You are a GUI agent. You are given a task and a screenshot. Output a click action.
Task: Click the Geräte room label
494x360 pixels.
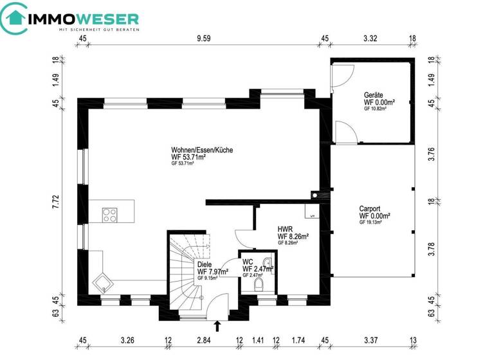pyautogui.click(x=374, y=94)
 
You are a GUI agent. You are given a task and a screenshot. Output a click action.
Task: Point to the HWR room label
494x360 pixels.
pyautogui.click(x=286, y=229)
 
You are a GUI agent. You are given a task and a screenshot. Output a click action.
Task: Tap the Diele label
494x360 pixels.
pyautogui.click(x=205, y=264)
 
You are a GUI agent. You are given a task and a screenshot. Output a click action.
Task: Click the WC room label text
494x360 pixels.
pyautogui.click(x=248, y=262)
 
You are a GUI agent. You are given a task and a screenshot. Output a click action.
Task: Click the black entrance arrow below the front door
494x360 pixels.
pyautogui.click(x=217, y=326)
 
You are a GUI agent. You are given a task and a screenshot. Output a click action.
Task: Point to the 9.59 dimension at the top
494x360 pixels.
pyautogui.click(x=204, y=39)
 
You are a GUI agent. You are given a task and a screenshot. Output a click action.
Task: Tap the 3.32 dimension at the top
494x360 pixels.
pyautogui.click(x=370, y=39)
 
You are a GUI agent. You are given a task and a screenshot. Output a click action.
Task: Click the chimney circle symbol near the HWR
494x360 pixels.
pyautogui.click(x=315, y=194)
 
